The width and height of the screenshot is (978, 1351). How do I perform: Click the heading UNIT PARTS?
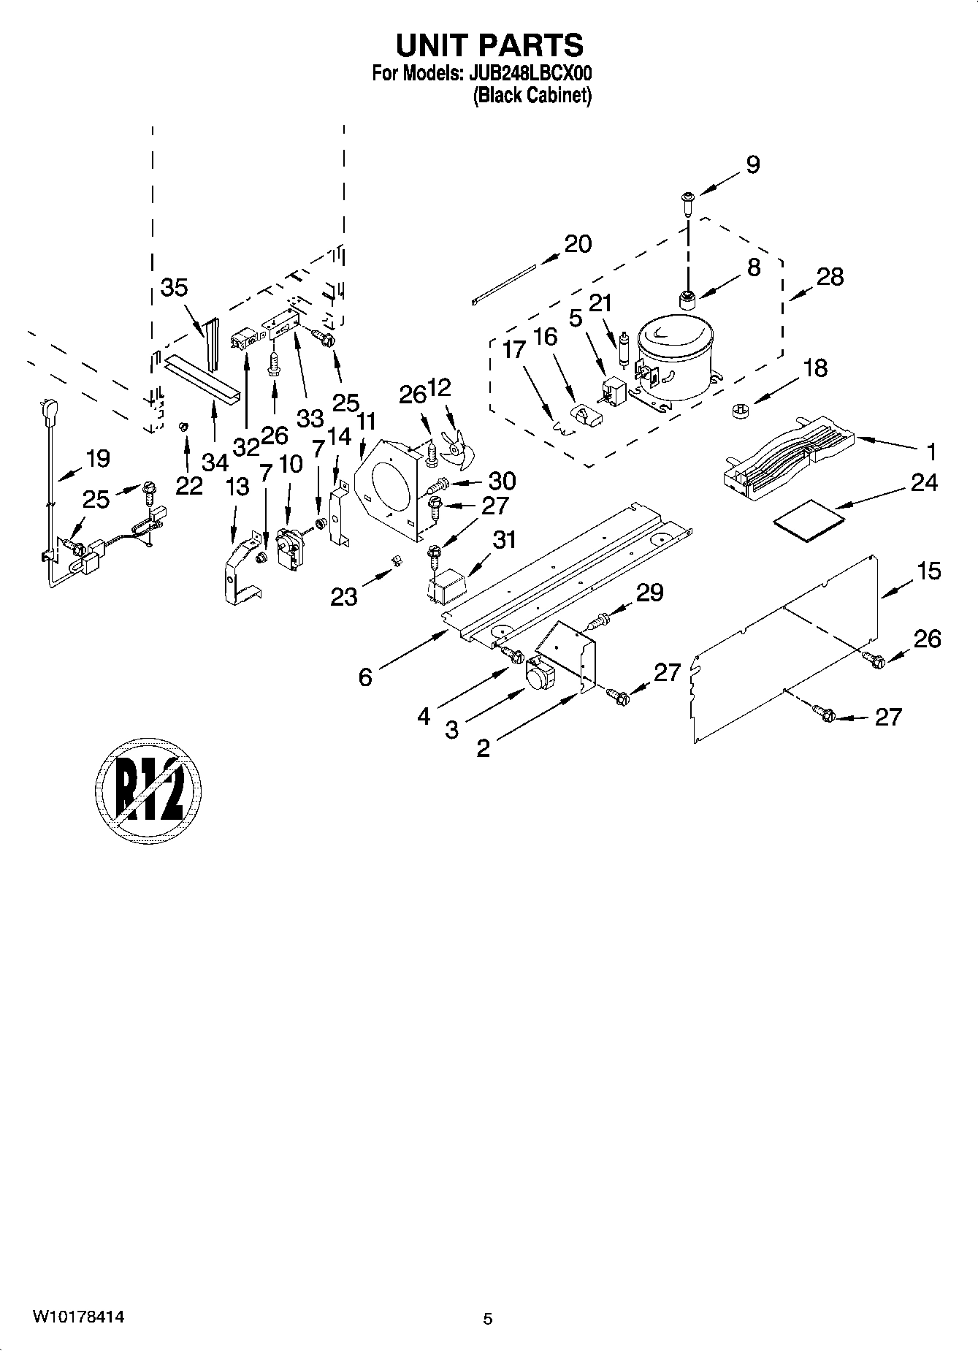[489, 45]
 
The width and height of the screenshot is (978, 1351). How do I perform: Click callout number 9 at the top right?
[753, 165]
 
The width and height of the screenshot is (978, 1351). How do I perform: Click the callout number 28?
[830, 277]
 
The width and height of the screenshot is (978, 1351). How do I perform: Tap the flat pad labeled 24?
[808, 513]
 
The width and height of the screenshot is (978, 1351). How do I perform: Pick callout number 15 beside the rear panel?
[929, 571]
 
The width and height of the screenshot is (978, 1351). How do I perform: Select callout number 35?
[175, 288]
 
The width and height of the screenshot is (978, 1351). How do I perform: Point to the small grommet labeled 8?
[687, 300]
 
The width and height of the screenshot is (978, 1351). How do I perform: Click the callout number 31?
[504, 540]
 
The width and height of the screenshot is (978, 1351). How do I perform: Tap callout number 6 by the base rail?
[365, 677]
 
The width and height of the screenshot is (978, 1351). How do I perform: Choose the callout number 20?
[578, 244]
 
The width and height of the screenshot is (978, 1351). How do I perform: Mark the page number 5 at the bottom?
[488, 1319]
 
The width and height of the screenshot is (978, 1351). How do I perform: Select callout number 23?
[344, 597]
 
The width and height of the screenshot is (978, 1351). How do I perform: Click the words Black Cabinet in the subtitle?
[532, 96]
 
